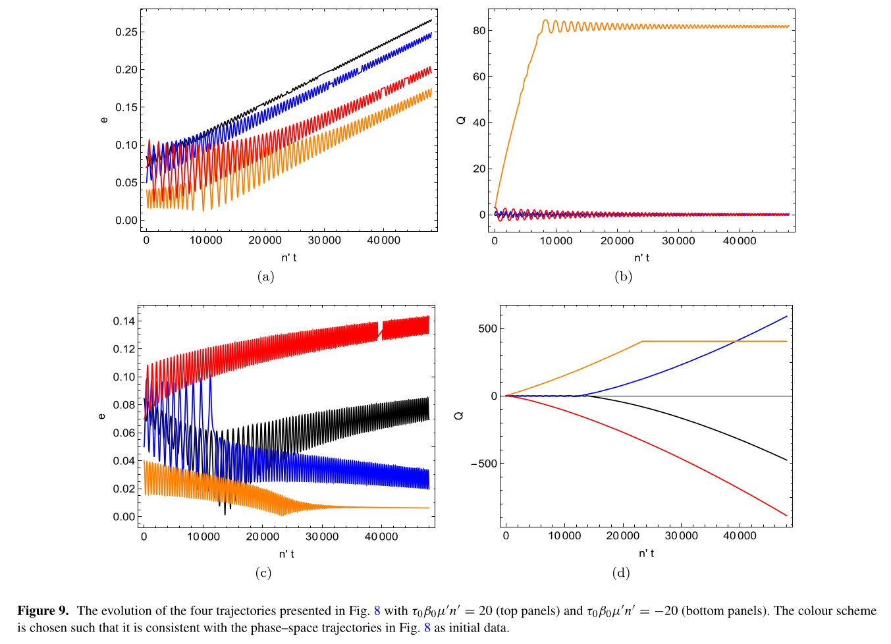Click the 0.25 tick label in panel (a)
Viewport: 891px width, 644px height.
(x=126, y=32)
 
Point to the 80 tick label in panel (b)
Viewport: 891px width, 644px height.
(x=479, y=30)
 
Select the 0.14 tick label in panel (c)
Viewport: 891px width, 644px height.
(x=124, y=321)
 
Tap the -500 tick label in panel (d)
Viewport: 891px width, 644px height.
(x=483, y=464)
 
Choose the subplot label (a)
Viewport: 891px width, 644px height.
(x=265, y=277)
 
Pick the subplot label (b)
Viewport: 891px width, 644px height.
(x=623, y=277)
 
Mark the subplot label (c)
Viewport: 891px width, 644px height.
(x=263, y=573)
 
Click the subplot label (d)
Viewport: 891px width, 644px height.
(x=621, y=573)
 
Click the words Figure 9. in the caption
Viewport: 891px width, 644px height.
(x=43, y=611)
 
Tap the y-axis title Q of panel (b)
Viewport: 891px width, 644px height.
(x=461, y=120)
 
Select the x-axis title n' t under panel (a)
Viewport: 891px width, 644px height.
(x=288, y=257)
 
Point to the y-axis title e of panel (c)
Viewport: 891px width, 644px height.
(x=101, y=416)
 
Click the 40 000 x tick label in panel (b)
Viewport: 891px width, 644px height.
(x=739, y=241)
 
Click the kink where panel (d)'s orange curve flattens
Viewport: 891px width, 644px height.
(x=642, y=341)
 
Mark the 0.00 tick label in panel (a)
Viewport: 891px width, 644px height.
(x=126, y=221)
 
